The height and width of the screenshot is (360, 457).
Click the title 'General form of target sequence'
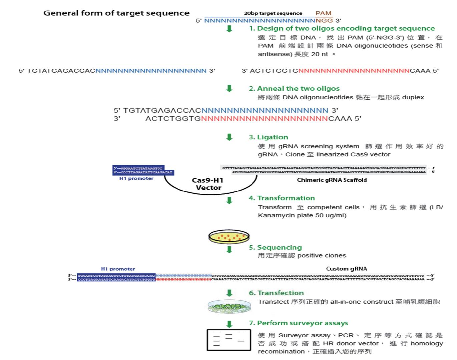[x=116, y=13]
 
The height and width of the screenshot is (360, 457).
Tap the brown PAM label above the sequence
[x=323, y=13]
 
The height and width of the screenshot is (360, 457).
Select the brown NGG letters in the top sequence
[x=324, y=21]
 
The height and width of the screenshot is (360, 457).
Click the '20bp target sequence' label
[x=273, y=13]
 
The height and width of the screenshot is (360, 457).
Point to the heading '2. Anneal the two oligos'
[x=294, y=89]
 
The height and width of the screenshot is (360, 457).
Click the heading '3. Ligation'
[x=268, y=137]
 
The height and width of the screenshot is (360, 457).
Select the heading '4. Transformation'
[x=282, y=198]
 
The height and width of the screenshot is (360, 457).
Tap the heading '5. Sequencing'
[x=275, y=247]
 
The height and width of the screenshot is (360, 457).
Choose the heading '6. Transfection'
[x=276, y=293]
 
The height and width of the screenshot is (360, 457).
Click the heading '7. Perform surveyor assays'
[x=298, y=323]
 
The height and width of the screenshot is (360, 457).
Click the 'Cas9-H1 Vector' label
[x=208, y=184]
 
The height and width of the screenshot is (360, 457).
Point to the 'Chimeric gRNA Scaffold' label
[x=332, y=180]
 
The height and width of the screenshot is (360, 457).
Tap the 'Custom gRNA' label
[x=346, y=269]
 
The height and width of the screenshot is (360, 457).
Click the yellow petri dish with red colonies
[x=229, y=237]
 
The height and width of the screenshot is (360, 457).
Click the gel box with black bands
[x=229, y=340]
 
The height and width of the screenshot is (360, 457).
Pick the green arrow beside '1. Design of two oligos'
[x=229, y=29]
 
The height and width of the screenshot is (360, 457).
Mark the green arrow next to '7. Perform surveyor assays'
[x=229, y=324]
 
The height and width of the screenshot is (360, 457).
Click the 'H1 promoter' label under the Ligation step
[x=136, y=179]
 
